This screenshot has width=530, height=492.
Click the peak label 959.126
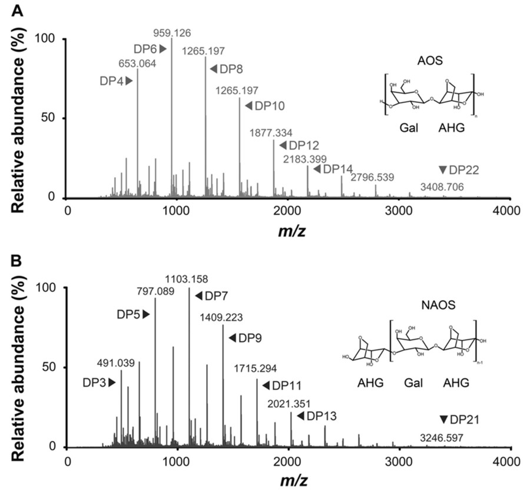(x=172, y=32)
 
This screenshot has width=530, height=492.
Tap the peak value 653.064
(x=138, y=64)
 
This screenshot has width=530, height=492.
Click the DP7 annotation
(x=207, y=295)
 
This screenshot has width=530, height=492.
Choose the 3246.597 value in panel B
(x=441, y=438)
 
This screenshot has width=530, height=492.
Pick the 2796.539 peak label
(x=373, y=177)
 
